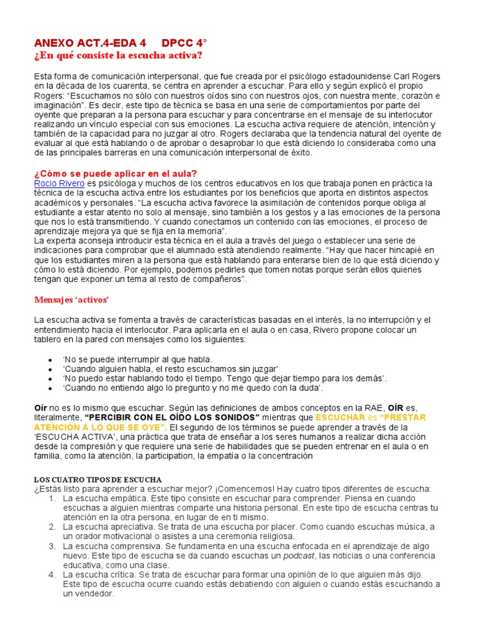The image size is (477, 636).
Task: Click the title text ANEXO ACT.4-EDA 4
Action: point(90,43)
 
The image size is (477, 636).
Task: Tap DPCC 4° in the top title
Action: point(184,43)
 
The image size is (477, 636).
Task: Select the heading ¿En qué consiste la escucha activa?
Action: point(118,56)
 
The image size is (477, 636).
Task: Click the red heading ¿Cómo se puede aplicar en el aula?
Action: point(116,173)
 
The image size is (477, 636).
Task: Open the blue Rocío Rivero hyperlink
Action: point(59,183)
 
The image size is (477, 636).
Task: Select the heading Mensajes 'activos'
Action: point(71,300)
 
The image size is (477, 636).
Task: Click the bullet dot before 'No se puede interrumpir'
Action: point(50,360)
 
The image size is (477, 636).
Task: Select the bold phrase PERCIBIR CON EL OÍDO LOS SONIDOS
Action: point(172,417)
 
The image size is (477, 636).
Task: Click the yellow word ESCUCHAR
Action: point(340,417)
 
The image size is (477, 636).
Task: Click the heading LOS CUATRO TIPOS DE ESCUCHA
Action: point(98,479)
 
